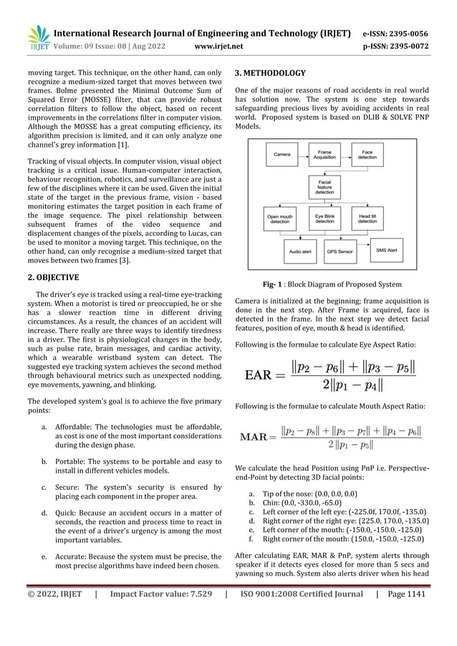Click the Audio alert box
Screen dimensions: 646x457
coord(302,252)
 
